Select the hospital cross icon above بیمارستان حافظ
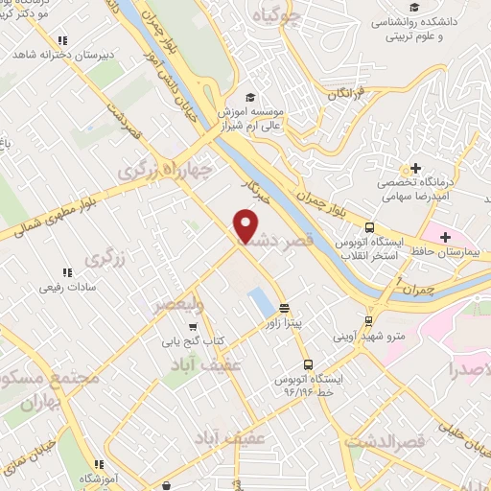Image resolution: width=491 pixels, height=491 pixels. click(x=445, y=236)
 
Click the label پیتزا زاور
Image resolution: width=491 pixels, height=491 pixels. click(x=285, y=323)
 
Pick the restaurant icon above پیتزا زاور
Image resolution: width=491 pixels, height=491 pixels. click(x=284, y=309)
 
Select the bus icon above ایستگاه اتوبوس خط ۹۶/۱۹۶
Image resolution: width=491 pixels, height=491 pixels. click(x=308, y=364)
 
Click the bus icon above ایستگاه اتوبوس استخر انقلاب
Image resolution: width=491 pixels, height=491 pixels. click(x=369, y=227)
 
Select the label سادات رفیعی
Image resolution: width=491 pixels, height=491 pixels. click(x=66, y=287)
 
